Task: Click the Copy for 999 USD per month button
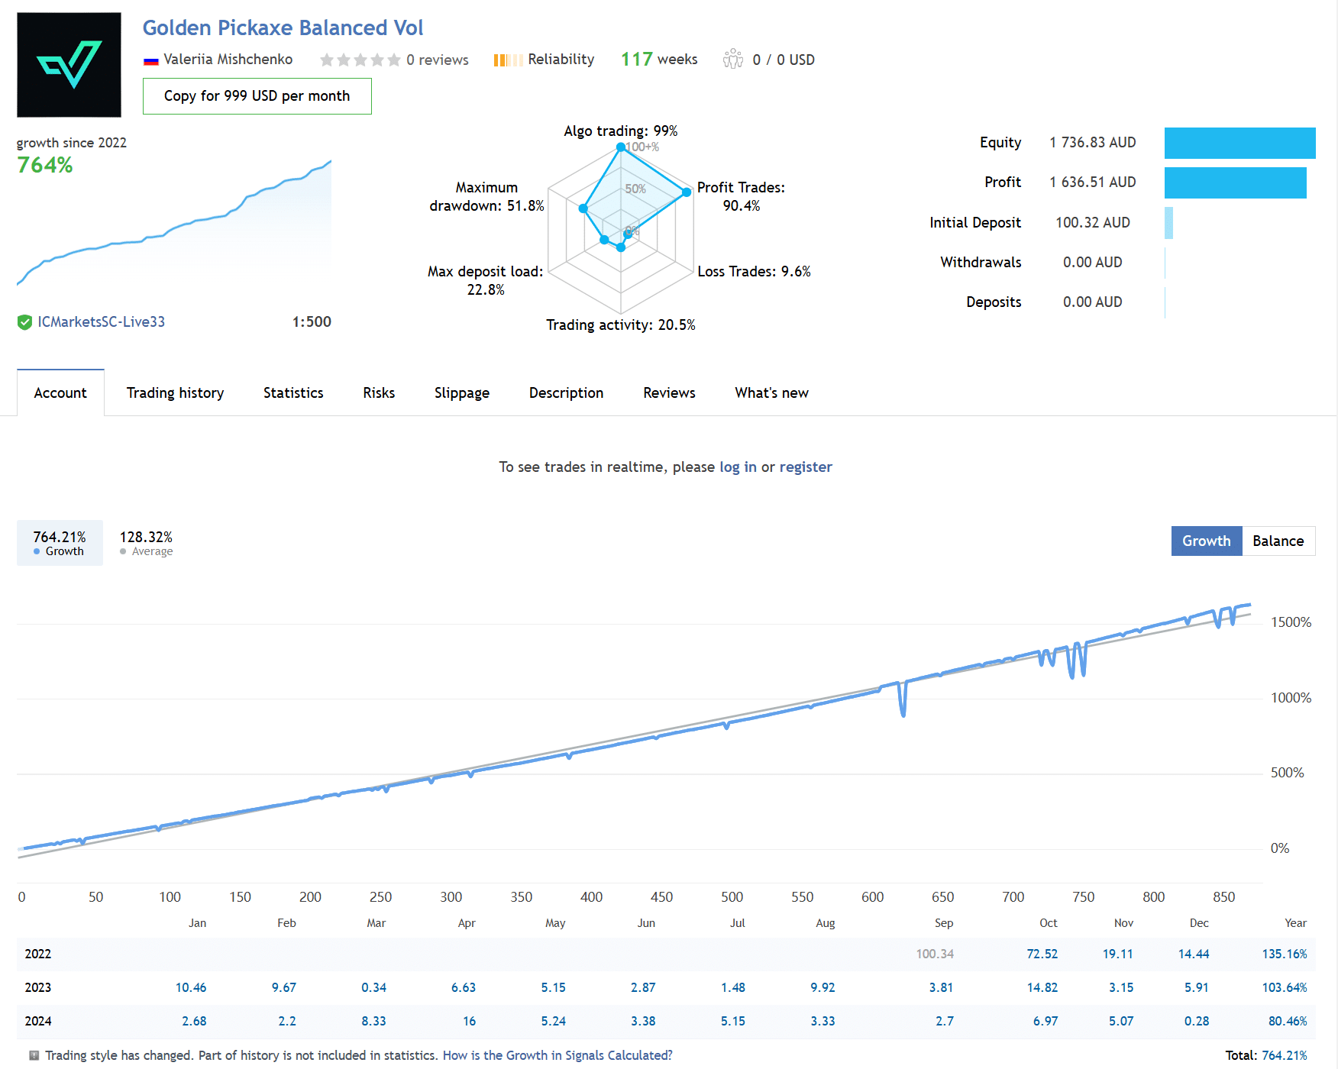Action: click(257, 96)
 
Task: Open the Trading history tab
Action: click(175, 393)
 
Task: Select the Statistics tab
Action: click(293, 393)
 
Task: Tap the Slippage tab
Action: click(461, 393)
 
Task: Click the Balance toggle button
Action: click(1278, 541)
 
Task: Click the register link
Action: click(805, 467)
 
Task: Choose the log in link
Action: click(738, 467)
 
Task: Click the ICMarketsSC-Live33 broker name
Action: click(101, 322)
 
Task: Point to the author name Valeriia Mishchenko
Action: click(228, 60)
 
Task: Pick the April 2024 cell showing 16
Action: click(469, 1022)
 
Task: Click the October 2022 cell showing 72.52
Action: click(1042, 954)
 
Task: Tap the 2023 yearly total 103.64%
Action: click(1284, 988)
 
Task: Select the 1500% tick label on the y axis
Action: click(1290, 623)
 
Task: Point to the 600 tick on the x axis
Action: click(872, 897)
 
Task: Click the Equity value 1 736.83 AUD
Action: click(1092, 143)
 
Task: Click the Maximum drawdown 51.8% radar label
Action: click(487, 197)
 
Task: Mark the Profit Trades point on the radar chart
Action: click(687, 192)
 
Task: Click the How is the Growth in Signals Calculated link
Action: click(557, 1055)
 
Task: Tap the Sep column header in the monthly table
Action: click(943, 923)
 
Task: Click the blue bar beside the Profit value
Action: click(1235, 183)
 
